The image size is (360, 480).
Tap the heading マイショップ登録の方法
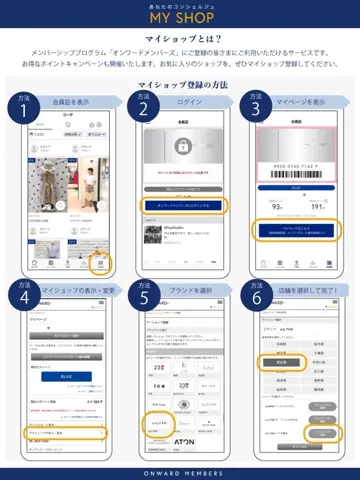[181, 87]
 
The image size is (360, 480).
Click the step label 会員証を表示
[70, 102]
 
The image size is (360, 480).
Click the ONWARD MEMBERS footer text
[180, 472]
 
